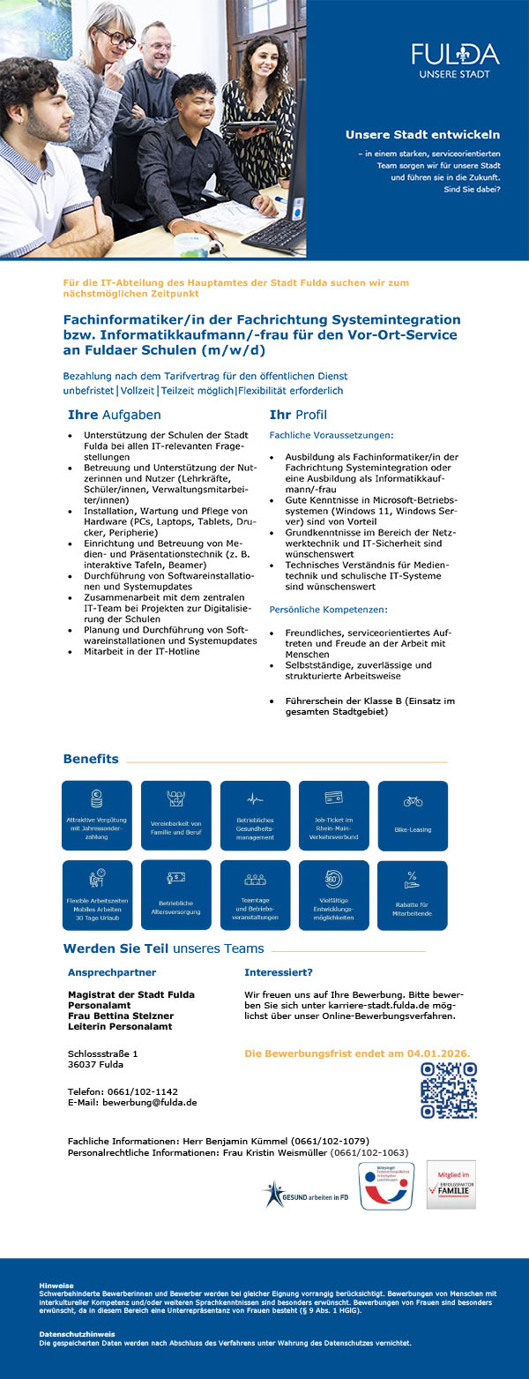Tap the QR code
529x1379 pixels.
point(449,1090)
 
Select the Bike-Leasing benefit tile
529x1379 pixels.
point(413,815)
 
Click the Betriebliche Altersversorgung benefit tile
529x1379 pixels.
point(175,895)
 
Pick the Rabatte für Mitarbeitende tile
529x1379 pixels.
point(412,895)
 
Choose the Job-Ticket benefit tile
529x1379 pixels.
point(334,815)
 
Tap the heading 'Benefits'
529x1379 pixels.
point(91,759)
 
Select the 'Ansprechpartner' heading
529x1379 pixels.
point(112,972)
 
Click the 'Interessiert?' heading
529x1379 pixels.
point(279,972)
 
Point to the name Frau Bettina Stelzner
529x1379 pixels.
point(121,1016)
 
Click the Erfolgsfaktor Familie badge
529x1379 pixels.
point(451,1184)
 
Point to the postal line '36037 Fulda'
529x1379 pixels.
point(96,1064)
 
